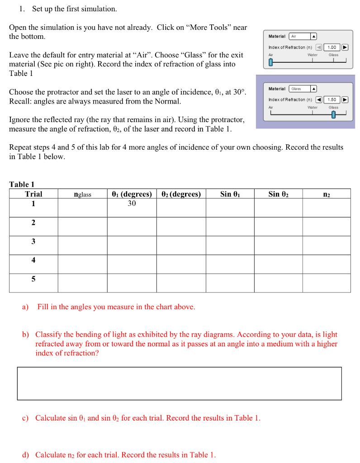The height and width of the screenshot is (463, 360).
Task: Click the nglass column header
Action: tap(82, 194)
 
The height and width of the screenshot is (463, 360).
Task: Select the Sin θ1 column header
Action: tap(230, 194)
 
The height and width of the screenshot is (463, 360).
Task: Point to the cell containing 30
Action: tap(132, 203)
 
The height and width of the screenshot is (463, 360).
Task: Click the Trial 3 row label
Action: tap(33, 241)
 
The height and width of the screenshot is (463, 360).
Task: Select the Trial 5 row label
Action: tap(33, 279)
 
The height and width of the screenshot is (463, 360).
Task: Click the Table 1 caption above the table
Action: tap(22, 184)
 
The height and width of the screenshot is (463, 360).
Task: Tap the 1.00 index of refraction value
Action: tap(332, 47)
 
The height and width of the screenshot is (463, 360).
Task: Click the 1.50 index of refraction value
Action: tap(332, 99)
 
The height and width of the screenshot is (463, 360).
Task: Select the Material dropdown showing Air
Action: tap(303, 36)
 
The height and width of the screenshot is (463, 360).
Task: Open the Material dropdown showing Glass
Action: tap(303, 89)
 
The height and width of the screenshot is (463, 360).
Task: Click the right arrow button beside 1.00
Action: tap(345, 47)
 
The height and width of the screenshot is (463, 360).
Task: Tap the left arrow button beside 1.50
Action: tap(318, 99)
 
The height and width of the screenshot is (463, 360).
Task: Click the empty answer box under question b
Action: tap(179, 383)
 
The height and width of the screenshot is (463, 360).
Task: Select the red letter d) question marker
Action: tap(26, 454)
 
